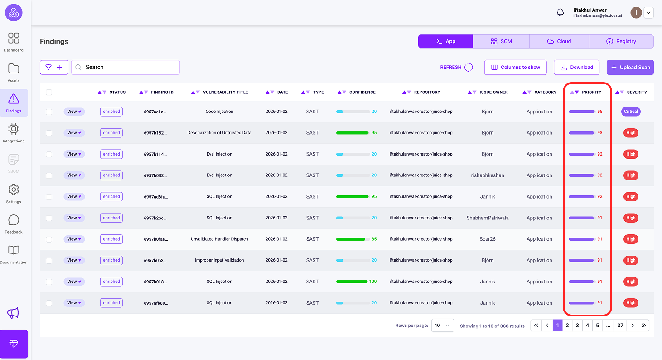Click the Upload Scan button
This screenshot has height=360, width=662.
(x=630, y=67)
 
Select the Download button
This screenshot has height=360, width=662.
(x=576, y=67)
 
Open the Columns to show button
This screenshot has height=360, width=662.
(x=515, y=67)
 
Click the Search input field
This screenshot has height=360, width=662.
(x=126, y=67)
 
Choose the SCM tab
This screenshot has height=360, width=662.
(x=501, y=41)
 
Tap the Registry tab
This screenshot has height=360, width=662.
(x=621, y=41)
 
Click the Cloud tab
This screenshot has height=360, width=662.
(x=559, y=41)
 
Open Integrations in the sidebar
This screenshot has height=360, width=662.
(x=14, y=132)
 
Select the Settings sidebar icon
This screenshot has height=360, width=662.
(x=14, y=193)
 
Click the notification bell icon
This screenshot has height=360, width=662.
(x=561, y=13)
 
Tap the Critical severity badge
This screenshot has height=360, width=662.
(x=631, y=112)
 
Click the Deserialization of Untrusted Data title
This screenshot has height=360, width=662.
(x=219, y=133)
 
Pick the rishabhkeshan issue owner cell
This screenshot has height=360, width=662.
(x=488, y=175)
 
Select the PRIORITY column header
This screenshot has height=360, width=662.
(x=591, y=92)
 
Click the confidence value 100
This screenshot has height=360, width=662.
(x=373, y=282)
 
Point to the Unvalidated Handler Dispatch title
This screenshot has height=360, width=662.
(x=219, y=239)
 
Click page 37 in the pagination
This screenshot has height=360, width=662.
(x=620, y=325)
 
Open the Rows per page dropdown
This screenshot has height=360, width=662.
(x=442, y=325)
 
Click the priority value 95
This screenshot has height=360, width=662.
(x=600, y=112)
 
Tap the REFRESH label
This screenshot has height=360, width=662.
(x=450, y=67)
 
